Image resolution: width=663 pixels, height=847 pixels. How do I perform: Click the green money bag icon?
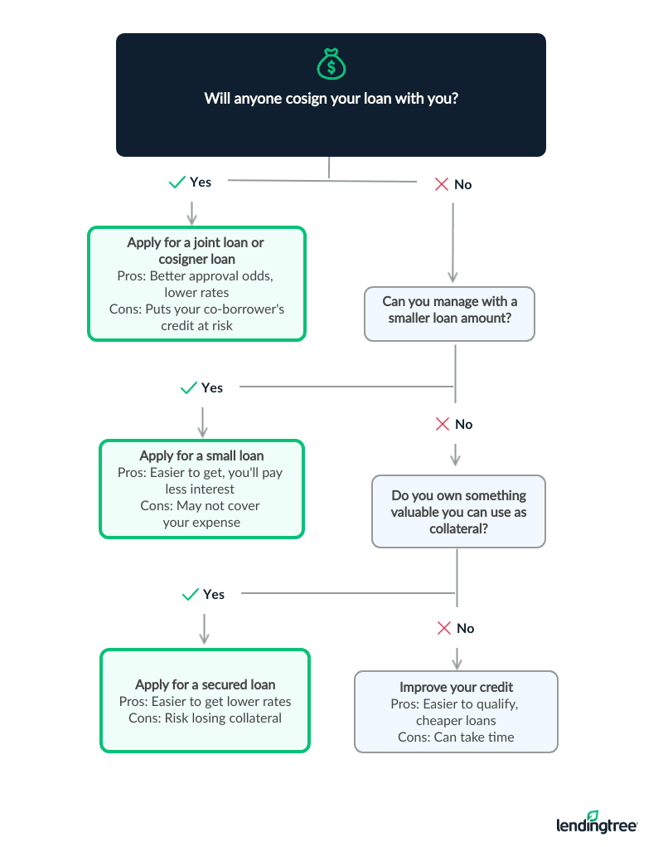coord(330,63)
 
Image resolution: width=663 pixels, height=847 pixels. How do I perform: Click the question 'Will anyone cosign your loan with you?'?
coord(331,99)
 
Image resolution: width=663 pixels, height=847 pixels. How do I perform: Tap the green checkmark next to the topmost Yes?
coord(177,182)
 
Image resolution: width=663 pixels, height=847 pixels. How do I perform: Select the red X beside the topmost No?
coord(442,184)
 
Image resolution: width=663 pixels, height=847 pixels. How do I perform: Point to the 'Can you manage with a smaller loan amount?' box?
coord(449,314)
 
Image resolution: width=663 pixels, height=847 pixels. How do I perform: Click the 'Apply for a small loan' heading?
coord(201,455)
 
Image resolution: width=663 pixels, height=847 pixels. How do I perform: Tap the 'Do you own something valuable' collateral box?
coord(458,511)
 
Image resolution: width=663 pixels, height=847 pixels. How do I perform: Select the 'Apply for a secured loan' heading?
coord(205,684)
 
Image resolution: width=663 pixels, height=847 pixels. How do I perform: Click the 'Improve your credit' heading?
coord(456,687)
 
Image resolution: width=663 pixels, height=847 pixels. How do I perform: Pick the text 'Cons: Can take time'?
coord(456,737)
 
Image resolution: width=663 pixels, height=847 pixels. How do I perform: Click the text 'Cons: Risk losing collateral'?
coord(205,718)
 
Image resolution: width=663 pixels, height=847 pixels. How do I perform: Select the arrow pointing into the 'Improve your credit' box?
coord(457,657)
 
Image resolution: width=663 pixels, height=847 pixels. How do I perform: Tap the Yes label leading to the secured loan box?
coord(214,594)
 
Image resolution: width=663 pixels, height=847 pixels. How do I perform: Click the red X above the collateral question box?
coord(443,424)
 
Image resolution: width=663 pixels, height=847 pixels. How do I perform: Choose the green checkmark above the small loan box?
coord(188,387)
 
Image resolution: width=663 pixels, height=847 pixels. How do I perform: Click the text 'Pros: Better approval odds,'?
coord(196,275)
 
